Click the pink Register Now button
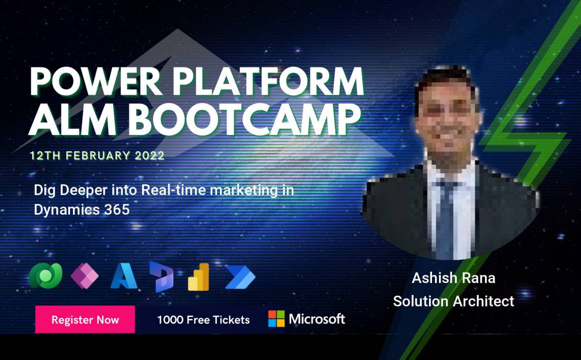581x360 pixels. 85,319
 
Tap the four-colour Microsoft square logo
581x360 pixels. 277,319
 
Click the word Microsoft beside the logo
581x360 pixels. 317,319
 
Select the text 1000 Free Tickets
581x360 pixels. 204,320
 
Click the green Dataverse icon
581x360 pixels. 46,276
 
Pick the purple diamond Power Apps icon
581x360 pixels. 84,276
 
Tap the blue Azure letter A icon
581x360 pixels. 124,276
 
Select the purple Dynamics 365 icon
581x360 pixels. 161,277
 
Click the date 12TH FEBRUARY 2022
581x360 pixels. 97,155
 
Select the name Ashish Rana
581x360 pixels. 453,278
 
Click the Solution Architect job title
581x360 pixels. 453,301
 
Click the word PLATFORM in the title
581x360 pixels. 268,81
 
